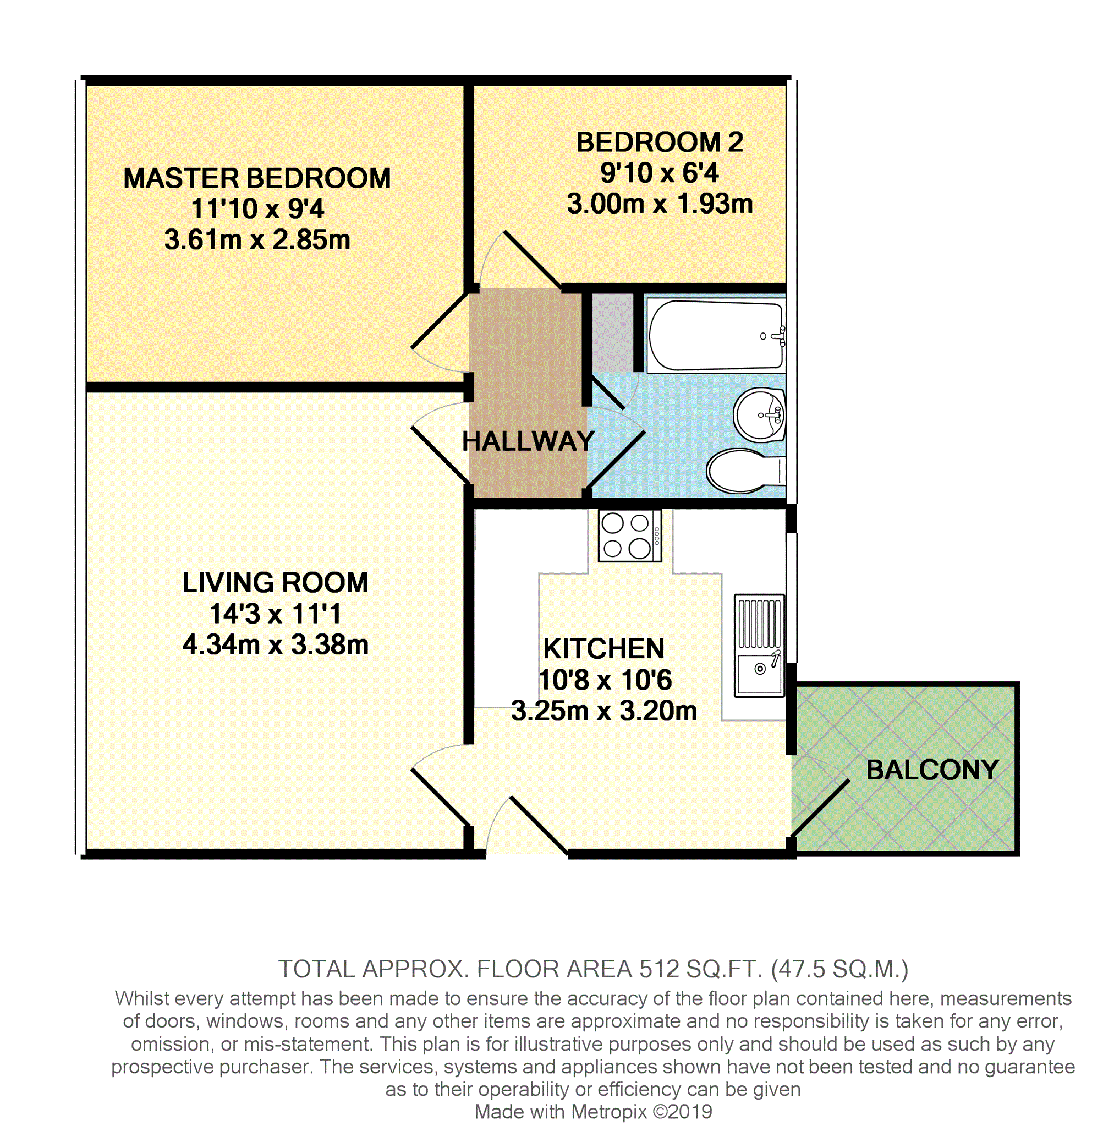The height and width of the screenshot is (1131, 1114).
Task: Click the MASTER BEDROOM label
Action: point(257,178)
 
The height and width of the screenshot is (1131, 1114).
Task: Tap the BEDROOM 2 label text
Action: point(660,142)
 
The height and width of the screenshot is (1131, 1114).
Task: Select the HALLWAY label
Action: point(528,441)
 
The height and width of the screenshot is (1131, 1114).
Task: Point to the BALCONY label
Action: point(932,770)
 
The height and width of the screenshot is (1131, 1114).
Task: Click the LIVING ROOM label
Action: point(275,582)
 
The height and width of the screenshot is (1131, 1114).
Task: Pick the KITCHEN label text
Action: point(604,649)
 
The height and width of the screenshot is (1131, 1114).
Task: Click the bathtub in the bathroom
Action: point(716,335)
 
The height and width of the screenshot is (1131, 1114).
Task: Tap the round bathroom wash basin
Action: point(759,415)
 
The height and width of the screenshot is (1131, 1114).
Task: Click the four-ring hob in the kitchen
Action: point(629,536)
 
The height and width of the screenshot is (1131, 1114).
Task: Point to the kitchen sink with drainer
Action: point(759,646)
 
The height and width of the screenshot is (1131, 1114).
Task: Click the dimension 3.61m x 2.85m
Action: point(257,240)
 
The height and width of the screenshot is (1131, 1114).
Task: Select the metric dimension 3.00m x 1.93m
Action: point(660,204)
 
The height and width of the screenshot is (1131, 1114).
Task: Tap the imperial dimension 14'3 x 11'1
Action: point(275,614)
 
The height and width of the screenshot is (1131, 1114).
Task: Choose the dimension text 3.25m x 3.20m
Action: point(604,711)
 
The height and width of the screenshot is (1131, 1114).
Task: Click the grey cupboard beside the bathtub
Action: point(613,332)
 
